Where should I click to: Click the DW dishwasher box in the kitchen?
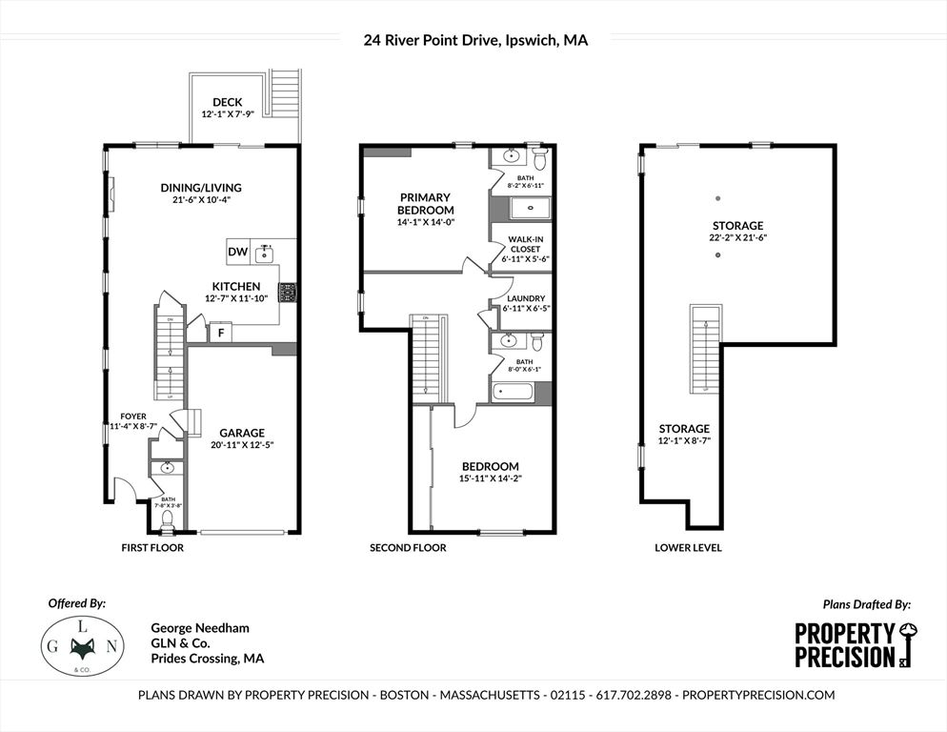coord(238,253)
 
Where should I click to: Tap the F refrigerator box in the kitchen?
coord(221,333)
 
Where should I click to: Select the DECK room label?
coord(227,102)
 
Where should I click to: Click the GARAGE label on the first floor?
coord(243,432)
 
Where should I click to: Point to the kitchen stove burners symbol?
coord(288,292)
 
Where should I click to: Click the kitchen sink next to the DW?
coord(266,253)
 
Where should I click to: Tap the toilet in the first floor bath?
coord(169,519)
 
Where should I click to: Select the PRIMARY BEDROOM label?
coord(426,204)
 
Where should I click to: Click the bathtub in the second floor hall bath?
coord(514,391)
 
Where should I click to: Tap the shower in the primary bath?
coord(525,208)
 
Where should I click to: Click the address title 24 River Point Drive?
coord(474,40)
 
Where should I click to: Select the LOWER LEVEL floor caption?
coord(688,548)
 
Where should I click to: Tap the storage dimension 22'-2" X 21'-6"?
coord(738,237)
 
